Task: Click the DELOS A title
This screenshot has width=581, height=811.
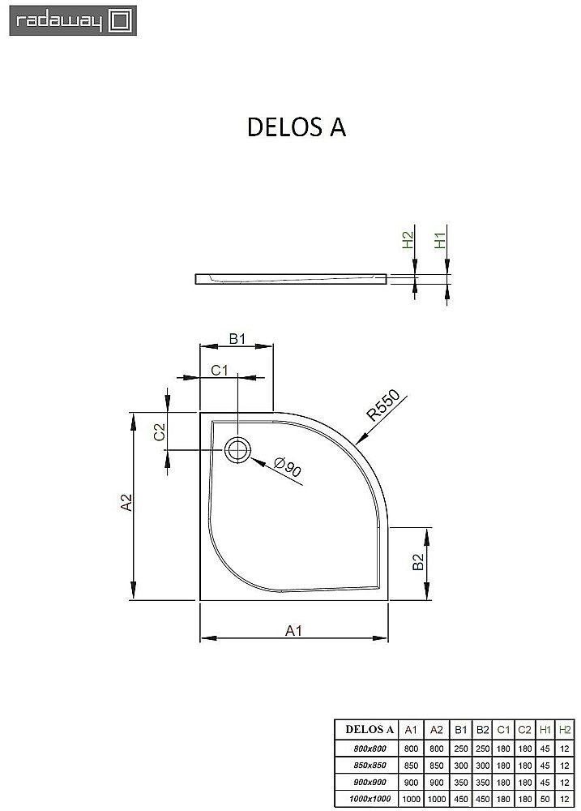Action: coord(296,128)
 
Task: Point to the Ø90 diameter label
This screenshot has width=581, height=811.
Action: coord(288,468)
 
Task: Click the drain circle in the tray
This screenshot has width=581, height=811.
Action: coord(238,448)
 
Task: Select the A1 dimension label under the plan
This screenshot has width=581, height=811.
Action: coord(293,630)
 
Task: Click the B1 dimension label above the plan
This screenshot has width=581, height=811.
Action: coord(236,339)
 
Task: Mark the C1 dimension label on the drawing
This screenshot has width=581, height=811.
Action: coord(220,371)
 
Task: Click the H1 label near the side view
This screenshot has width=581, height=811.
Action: coord(440,240)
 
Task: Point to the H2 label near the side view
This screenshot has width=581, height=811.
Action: coord(408,240)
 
